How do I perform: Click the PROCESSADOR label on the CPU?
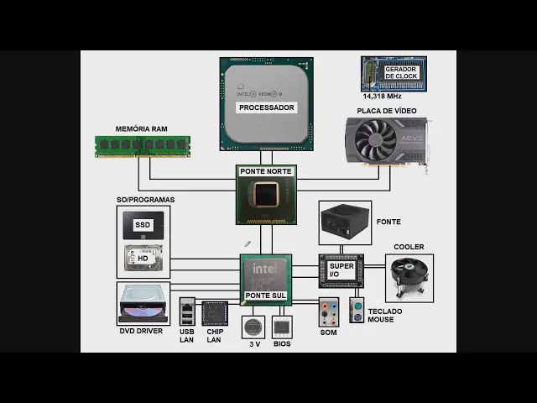click(x=266, y=107)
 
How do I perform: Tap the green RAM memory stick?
click(x=142, y=146)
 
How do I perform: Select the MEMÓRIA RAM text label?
click(x=142, y=129)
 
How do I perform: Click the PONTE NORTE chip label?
click(x=266, y=171)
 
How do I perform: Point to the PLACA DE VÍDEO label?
click(x=385, y=111)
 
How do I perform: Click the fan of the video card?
click(x=373, y=140)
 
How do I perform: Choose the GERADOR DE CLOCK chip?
click(x=394, y=73)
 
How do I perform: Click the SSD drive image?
click(x=143, y=225)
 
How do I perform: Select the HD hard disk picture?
click(x=143, y=258)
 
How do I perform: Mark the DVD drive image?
click(x=143, y=303)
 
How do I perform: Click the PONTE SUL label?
click(x=266, y=296)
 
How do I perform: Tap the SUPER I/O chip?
click(x=341, y=270)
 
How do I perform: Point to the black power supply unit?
click(x=345, y=222)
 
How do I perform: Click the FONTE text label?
click(x=388, y=222)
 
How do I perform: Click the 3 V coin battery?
click(x=253, y=327)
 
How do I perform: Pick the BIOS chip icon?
click(x=282, y=327)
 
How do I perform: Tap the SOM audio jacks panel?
click(x=328, y=313)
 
